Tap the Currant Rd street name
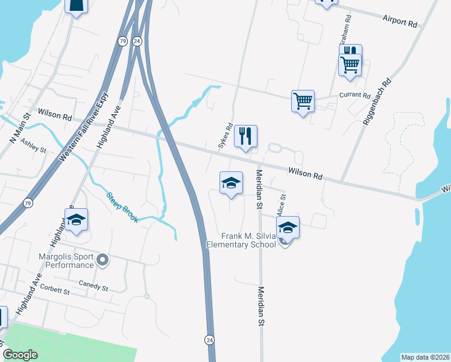pos(355,96)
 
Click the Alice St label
pos(281,204)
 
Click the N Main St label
pos(20,129)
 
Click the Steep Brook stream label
pos(122,208)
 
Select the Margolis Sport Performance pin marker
pos(102,261)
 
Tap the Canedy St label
pos(93,285)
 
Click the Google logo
pos(20,355)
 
